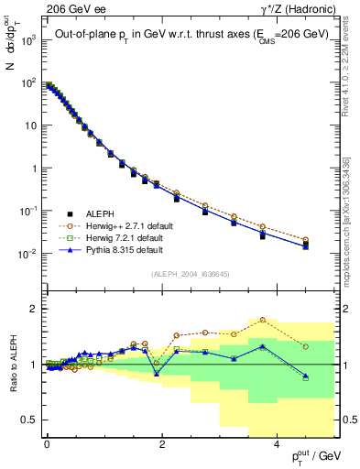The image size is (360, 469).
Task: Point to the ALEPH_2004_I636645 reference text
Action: (x=191, y=275)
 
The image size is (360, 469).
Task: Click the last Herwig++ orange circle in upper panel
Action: (x=305, y=240)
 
